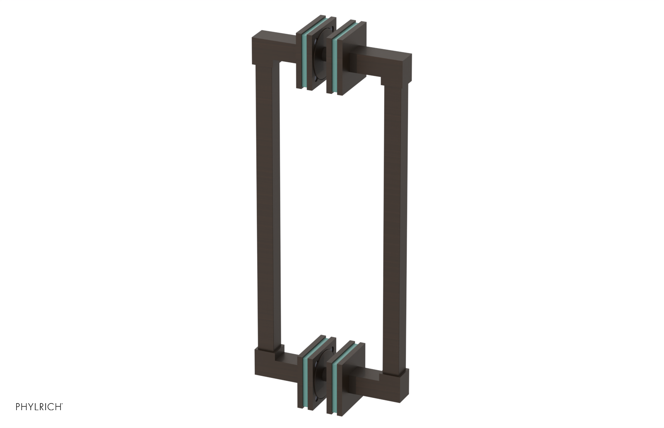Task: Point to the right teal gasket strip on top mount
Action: point(335,62)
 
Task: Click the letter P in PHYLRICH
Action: point(18,407)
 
